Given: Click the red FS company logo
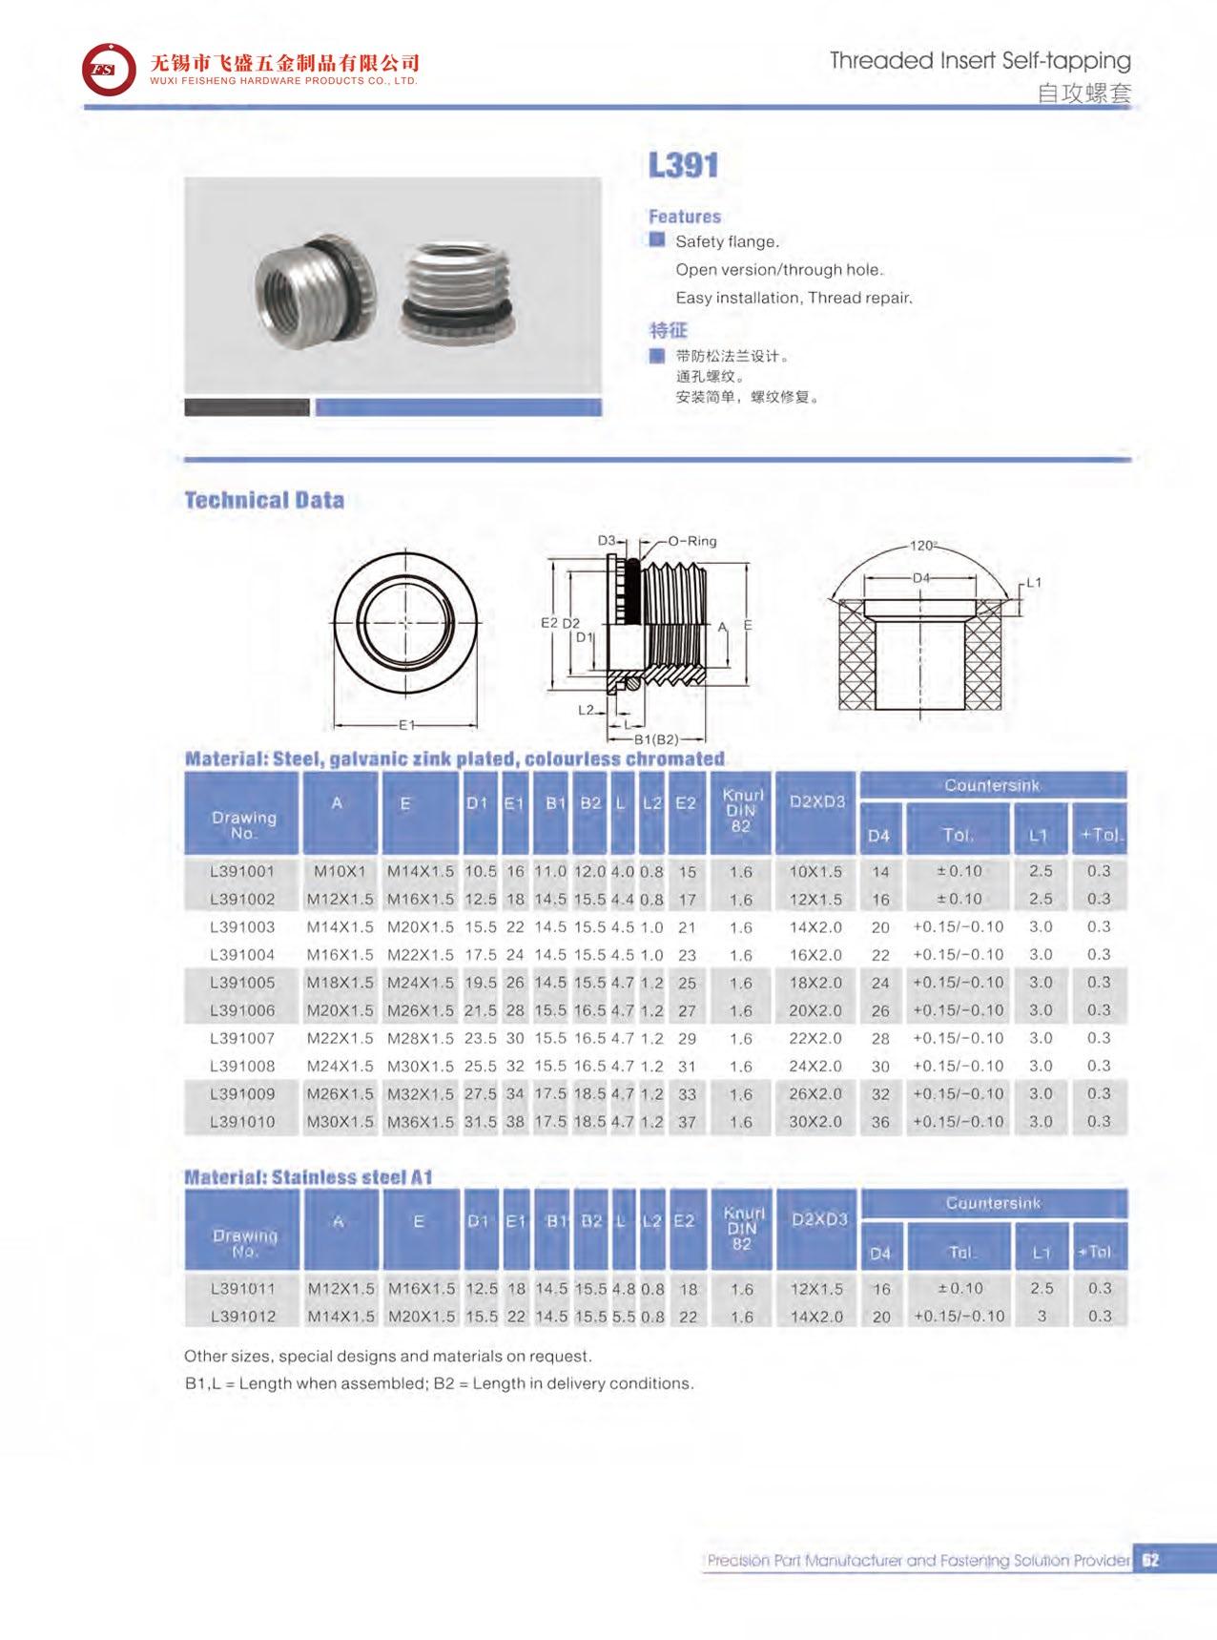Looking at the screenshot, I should click(x=110, y=70).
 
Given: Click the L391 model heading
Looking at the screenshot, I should click(x=683, y=165).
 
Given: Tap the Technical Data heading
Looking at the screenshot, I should click(x=264, y=500).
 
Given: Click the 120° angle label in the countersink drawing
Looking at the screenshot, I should click(x=922, y=546).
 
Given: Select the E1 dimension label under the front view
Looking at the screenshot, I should click(x=407, y=725).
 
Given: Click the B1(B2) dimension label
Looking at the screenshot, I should click(x=656, y=739).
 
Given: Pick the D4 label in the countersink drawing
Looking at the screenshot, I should click(x=920, y=578).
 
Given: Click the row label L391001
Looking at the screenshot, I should click(x=242, y=871).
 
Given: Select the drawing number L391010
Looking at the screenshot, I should click(x=242, y=1122).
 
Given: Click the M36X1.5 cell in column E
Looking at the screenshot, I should click(x=421, y=1122).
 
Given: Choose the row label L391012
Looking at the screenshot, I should click(x=243, y=1317).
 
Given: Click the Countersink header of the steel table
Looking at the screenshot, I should click(x=992, y=785).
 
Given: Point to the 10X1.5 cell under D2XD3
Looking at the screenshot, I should click(x=815, y=871).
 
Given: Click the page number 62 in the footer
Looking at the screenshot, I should click(x=1150, y=1561).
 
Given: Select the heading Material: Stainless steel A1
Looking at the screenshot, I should click(x=308, y=1177).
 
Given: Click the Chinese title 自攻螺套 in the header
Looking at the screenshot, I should click(x=1083, y=93).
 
